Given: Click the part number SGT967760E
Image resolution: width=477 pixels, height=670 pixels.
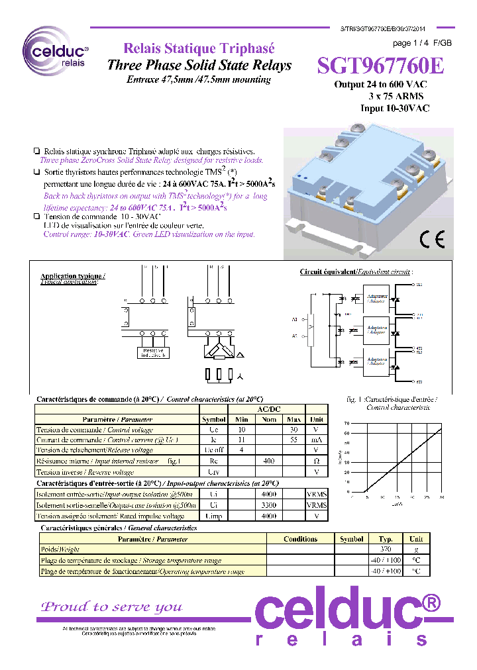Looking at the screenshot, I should pyautogui.click(x=380, y=67).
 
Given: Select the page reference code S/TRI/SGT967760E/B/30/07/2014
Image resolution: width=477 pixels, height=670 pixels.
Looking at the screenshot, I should pyautogui.click(x=398, y=30).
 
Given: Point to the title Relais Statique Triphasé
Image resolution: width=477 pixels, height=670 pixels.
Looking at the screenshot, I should pyautogui.click(x=199, y=49).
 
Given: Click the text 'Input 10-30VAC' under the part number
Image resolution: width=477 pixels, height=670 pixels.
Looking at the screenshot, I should pyautogui.click(x=395, y=108).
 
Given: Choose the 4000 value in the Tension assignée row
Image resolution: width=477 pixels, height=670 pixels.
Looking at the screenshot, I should pyautogui.click(x=268, y=515).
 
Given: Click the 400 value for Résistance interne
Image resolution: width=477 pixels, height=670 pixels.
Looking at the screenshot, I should pyautogui.click(x=268, y=460).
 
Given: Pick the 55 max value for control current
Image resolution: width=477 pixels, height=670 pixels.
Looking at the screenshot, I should pyautogui.click(x=294, y=440).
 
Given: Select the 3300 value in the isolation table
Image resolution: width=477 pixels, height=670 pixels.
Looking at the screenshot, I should pyautogui.click(x=268, y=504).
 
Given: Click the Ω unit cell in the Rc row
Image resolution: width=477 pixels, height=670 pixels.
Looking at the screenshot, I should pyautogui.click(x=317, y=460).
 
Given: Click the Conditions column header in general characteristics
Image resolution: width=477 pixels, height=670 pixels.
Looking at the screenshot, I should pyautogui.click(x=300, y=539).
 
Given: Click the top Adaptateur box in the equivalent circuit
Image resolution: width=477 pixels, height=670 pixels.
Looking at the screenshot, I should pyautogui.click(x=377, y=299).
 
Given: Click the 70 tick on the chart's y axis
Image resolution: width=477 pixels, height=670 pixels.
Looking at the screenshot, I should pyautogui.click(x=346, y=423).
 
